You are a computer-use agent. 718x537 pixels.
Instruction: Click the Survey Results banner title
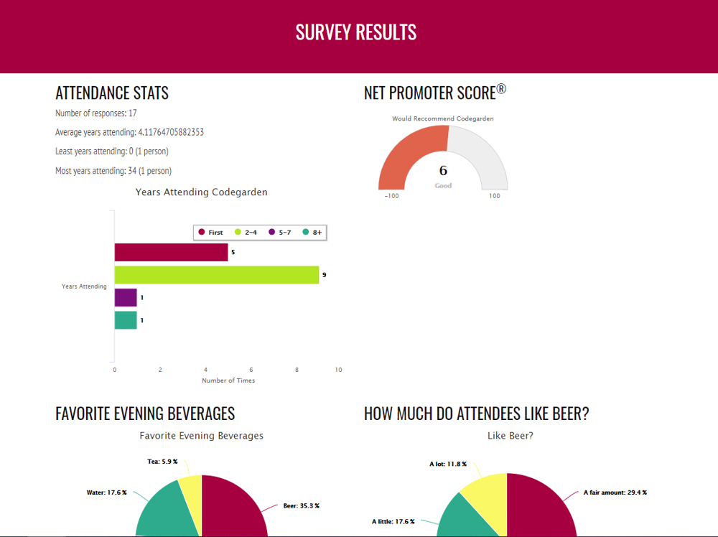pyautogui.click(x=356, y=32)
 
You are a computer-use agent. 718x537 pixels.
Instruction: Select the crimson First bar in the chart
pyautogui.click(x=171, y=252)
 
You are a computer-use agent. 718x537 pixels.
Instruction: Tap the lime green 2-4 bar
pyautogui.click(x=216, y=275)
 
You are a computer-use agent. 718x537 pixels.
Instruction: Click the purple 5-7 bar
pyautogui.click(x=126, y=297)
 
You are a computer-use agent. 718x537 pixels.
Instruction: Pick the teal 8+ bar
pyautogui.click(x=126, y=320)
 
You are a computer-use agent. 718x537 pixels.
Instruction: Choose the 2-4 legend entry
pyautogui.click(x=246, y=233)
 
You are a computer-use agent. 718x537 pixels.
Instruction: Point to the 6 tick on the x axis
pyautogui.click(x=251, y=370)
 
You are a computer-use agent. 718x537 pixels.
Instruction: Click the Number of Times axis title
pyautogui.click(x=228, y=380)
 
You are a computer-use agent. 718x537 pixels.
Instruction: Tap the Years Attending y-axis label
pyautogui.click(x=84, y=286)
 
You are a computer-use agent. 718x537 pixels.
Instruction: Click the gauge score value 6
pyautogui.click(x=443, y=171)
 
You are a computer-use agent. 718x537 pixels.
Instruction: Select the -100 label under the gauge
pyautogui.click(x=392, y=196)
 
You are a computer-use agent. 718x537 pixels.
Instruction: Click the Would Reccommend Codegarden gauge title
pyautogui.click(x=443, y=118)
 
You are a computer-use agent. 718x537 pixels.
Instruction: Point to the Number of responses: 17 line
pyautogui.click(x=96, y=113)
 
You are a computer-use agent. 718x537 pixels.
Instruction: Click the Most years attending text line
pyautogui.click(x=113, y=171)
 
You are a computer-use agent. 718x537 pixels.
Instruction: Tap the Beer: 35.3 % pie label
pyautogui.click(x=301, y=505)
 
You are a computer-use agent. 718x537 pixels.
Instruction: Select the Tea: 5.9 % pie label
pyautogui.click(x=162, y=462)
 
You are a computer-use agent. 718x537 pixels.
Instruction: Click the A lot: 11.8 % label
pyautogui.click(x=448, y=464)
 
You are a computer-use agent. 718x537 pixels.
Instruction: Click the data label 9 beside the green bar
pyautogui.click(x=325, y=275)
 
